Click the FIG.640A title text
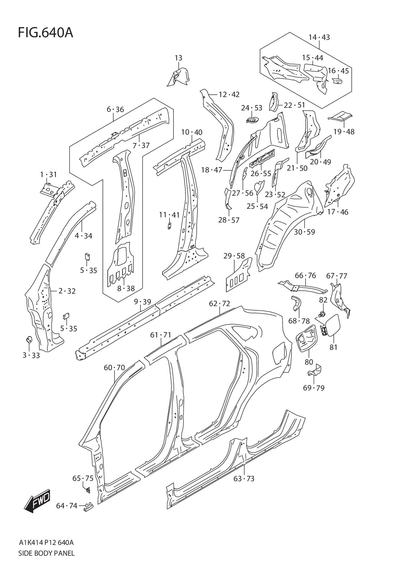(x=45, y=33)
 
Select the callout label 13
(x=178, y=58)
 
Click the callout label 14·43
(x=319, y=37)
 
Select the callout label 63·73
(x=244, y=479)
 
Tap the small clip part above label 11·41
(x=170, y=226)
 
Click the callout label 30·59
(x=304, y=232)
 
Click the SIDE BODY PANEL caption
(x=46, y=553)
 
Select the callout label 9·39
(x=142, y=302)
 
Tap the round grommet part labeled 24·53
(x=252, y=120)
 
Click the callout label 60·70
(x=114, y=368)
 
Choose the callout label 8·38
(x=126, y=288)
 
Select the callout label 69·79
(x=314, y=388)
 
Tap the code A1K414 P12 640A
(x=46, y=543)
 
